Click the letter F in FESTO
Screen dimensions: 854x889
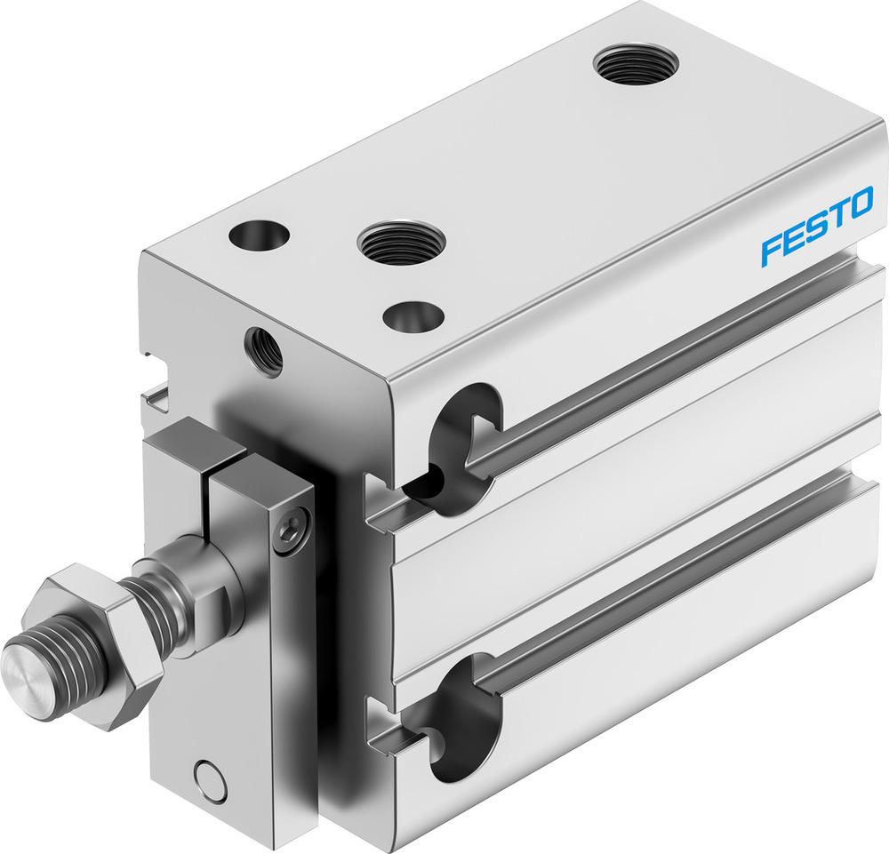(770, 249)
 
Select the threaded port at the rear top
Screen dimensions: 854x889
(636, 65)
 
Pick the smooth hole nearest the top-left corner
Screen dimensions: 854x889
(259, 235)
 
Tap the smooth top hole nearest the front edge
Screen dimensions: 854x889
(413, 315)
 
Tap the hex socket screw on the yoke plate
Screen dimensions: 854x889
(292, 531)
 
